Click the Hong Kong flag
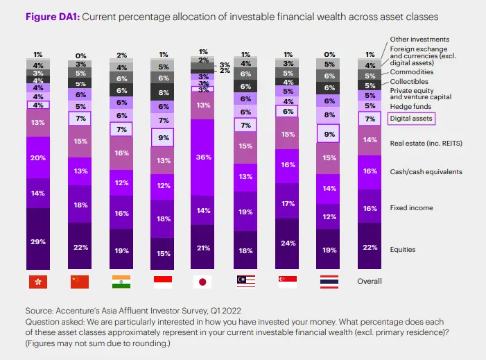tap(38, 282)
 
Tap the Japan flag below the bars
tap(202, 282)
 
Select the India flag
tap(121, 282)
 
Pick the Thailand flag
tap(329, 282)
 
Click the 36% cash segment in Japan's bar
tap(202, 157)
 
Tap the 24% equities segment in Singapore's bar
tap(287, 243)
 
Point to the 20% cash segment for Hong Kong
tap(38, 157)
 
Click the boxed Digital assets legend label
tap(411, 119)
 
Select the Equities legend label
tap(403, 249)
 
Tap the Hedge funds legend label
tap(410, 106)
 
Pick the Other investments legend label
tap(419, 39)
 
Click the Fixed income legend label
tap(411, 208)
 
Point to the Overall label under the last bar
tap(370, 281)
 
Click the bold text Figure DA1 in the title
tap(53, 17)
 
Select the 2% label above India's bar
tap(122, 55)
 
